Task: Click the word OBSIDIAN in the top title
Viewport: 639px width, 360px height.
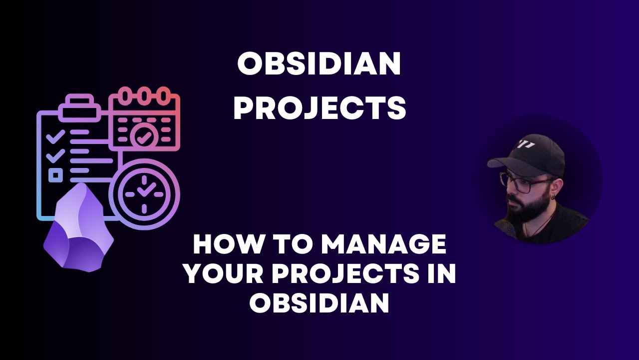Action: pos(319,64)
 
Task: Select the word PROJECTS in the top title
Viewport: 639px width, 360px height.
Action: pos(319,108)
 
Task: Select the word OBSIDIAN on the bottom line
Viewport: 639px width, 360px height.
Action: pos(319,302)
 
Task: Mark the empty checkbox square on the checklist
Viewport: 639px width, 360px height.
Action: pos(55,175)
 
